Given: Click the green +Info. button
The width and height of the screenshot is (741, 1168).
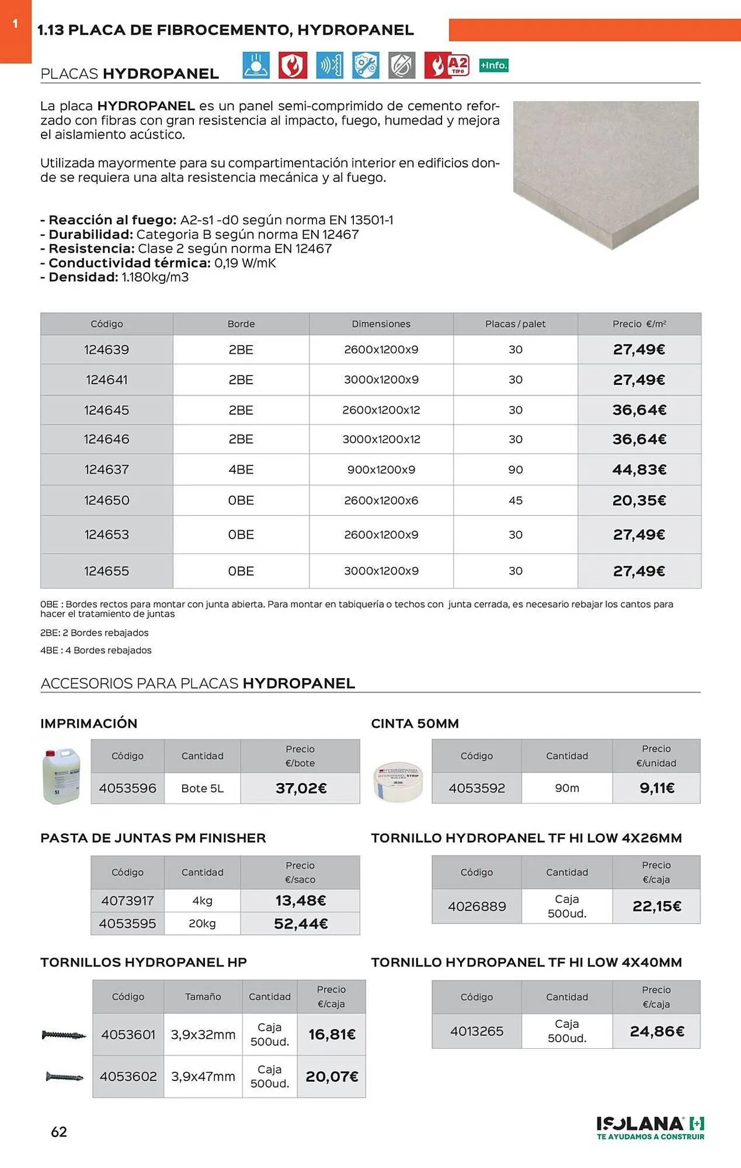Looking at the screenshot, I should (493, 65).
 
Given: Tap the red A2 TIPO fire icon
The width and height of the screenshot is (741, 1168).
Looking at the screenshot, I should (447, 65).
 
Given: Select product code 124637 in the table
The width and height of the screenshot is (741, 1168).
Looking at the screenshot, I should (106, 470).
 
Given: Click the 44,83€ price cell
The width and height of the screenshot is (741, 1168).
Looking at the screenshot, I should (639, 470).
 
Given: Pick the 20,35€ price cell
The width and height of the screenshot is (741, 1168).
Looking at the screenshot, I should (639, 500).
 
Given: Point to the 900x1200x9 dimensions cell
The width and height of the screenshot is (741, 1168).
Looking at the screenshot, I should (381, 470).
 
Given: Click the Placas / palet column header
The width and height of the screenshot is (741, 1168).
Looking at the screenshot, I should (515, 324).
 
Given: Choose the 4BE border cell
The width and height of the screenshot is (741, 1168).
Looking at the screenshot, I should (241, 470).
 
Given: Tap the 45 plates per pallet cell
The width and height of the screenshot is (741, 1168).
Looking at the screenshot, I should (515, 500).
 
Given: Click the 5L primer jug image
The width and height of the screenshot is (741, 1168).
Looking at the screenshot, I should (61, 776).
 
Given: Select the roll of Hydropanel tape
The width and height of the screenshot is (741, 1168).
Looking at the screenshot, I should (398, 781).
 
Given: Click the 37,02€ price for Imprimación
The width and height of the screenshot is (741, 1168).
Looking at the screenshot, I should (301, 788).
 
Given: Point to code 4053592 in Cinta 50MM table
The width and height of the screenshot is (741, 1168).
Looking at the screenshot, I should (476, 788).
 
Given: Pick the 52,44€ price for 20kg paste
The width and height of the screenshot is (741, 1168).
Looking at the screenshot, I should (301, 924).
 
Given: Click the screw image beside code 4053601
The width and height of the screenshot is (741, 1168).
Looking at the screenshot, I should (64, 1035).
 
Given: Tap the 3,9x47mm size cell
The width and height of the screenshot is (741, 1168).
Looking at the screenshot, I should (203, 1076).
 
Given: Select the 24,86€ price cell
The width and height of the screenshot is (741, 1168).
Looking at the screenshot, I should (657, 1031).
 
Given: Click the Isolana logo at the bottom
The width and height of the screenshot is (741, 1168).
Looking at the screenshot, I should (650, 1127).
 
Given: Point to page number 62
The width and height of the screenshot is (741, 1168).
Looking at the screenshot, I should (59, 1132).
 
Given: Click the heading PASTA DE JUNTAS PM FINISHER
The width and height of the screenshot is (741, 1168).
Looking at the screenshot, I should (153, 838).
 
